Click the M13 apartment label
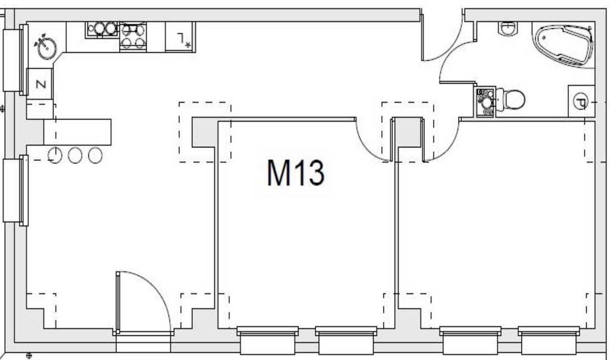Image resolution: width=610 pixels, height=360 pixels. pyautogui.click(x=295, y=173)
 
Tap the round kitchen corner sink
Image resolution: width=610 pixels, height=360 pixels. pyautogui.click(x=46, y=47)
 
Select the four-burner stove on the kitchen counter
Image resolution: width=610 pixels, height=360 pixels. pyautogui.click(x=133, y=36)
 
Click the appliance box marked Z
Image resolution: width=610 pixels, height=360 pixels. pyautogui.click(x=41, y=83)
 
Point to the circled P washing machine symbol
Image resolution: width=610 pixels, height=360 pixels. pyautogui.click(x=580, y=101)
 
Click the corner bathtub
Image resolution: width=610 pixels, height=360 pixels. pyautogui.click(x=564, y=45)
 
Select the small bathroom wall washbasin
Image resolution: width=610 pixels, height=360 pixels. pyautogui.click(x=508, y=27)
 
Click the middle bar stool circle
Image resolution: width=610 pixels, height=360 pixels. pyautogui.click(x=75, y=156)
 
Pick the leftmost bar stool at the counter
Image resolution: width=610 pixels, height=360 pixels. pyautogui.click(x=55, y=156)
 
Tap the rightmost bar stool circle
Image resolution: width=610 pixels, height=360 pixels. pyautogui.click(x=95, y=156)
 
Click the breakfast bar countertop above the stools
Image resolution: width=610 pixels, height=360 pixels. pyautogui.click(x=77, y=132)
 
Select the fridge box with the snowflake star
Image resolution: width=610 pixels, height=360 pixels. pyautogui.click(x=180, y=38)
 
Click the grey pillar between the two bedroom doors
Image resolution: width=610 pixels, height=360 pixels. pyautogui.click(x=408, y=133)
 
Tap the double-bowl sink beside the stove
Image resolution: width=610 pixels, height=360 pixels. pyautogui.click(x=102, y=29)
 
